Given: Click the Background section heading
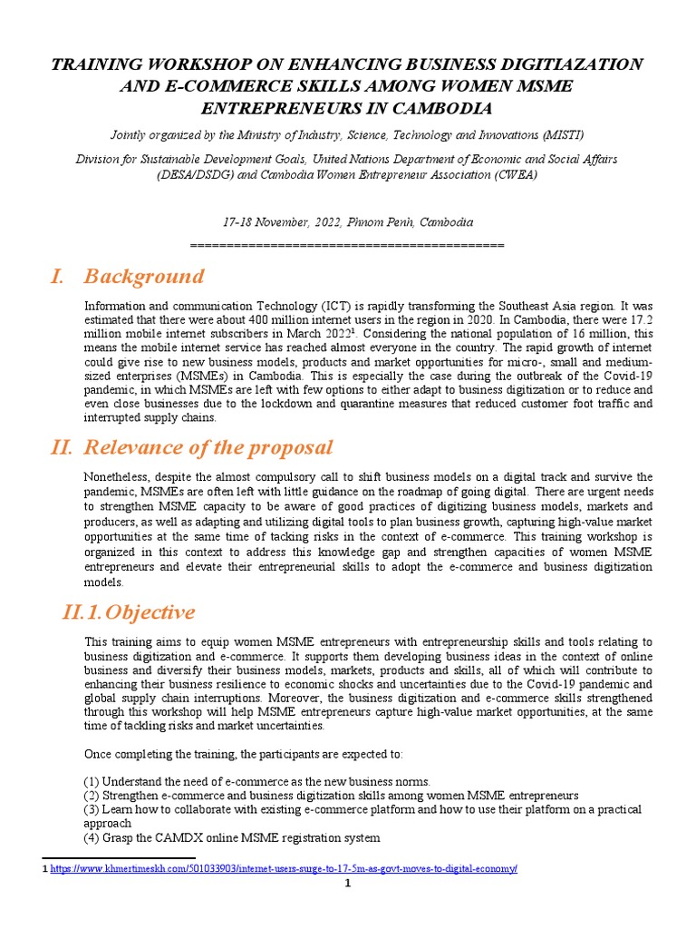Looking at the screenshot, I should (x=143, y=276).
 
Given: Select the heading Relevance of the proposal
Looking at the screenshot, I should (x=208, y=447).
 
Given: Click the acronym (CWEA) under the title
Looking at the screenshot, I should (x=513, y=174).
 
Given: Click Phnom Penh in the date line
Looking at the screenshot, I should (x=393, y=222).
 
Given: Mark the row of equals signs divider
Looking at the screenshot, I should (x=348, y=245).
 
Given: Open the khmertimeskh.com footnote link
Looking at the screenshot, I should (x=284, y=868).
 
